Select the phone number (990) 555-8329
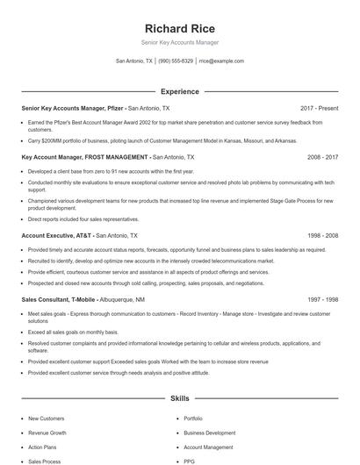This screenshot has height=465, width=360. (176, 61)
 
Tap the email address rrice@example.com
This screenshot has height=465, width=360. (221, 61)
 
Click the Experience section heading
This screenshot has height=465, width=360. (179, 91)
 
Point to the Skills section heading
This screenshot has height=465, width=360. (179, 398)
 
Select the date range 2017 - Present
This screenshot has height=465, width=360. (319, 108)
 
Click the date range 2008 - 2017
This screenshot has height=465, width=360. (322, 157)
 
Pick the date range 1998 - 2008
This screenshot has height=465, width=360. (322, 236)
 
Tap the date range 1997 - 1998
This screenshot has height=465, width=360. (322, 299)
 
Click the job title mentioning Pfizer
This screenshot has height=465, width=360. (73, 108)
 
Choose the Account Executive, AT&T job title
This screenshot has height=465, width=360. (56, 236)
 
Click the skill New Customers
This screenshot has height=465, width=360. (46, 418)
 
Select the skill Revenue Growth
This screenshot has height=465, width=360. (47, 433)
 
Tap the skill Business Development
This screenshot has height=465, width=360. (209, 433)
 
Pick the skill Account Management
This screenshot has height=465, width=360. (208, 447)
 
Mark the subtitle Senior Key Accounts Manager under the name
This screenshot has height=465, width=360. (179, 42)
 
